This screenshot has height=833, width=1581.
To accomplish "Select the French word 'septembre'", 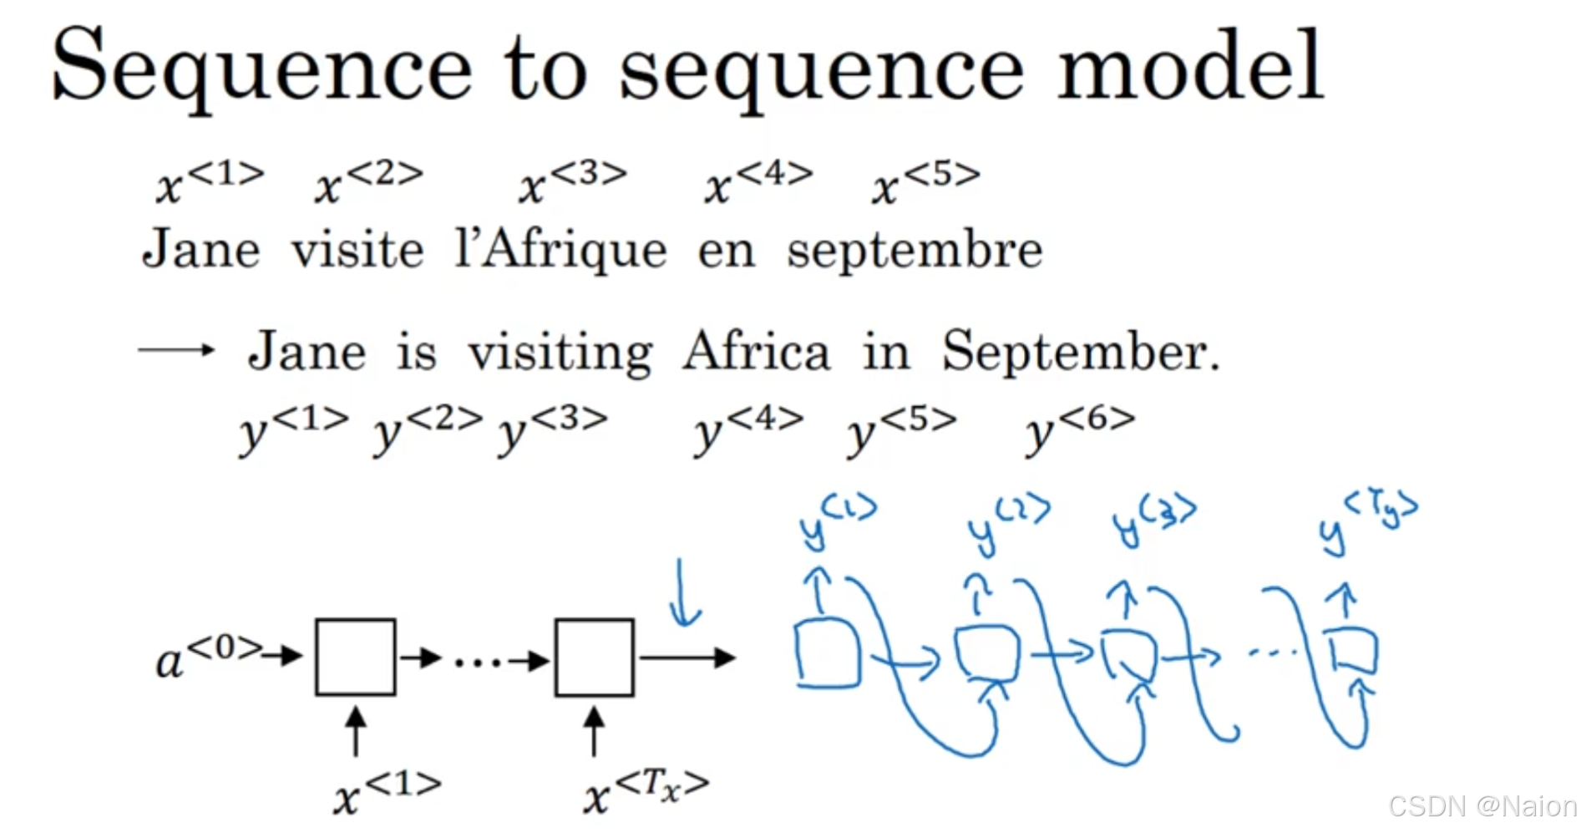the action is pyautogui.click(x=915, y=251).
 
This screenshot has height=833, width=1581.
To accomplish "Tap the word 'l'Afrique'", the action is pyautogui.click(x=560, y=251).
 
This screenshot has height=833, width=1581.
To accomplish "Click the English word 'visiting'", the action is pyautogui.click(x=560, y=353).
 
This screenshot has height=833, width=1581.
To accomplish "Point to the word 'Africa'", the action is pyautogui.click(x=756, y=351).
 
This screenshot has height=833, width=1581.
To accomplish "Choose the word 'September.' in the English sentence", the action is pyautogui.click(x=1081, y=353).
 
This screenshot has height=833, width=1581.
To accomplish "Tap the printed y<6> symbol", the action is pyautogui.click(x=1080, y=428).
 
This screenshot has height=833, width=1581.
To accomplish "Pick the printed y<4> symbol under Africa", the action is pyautogui.click(x=748, y=428).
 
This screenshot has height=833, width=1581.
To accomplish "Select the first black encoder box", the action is pyautogui.click(x=355, y=657).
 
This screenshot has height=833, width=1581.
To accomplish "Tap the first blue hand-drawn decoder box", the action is pyautogui.click(x=827, y=654).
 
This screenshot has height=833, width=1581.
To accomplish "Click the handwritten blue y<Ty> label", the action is pyautogui.click(x=1368, y=522).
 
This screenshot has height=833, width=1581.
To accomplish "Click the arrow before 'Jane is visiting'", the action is pyautogui.click(x=176, y=350).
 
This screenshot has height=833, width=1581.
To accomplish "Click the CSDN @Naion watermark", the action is pyautogui.click(x=1481, y=806).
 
